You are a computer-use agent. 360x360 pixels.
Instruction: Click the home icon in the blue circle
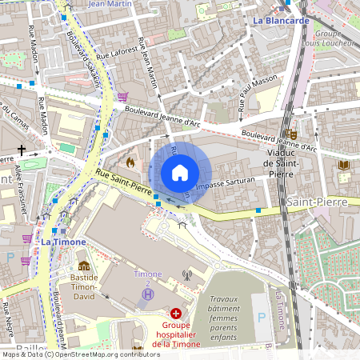[x=180, y=172]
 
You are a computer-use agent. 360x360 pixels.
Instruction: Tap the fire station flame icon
[x=130, y=161]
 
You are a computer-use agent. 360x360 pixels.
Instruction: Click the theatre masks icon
[x=292, y=135]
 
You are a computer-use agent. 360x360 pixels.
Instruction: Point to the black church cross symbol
[x=22, y=150]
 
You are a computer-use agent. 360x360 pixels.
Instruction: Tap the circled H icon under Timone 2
[x=146, y=295]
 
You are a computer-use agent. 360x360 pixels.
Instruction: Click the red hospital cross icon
[x=175, y=315]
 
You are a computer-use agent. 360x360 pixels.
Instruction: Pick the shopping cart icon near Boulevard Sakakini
[x=122, y=97]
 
